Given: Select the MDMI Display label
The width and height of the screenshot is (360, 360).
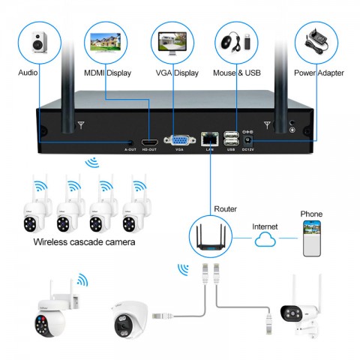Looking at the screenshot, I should [107, 73].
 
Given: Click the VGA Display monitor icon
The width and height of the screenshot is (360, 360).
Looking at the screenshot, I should [174, 43].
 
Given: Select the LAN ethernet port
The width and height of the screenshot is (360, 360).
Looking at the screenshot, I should [209, 139].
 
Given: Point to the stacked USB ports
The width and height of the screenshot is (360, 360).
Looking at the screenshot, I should [231, 138].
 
